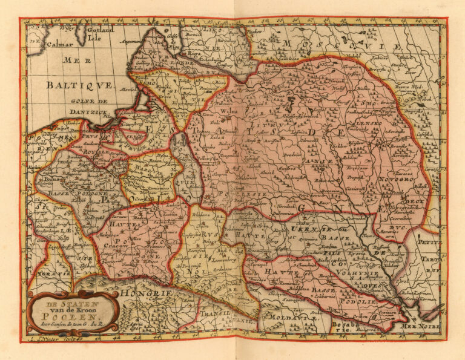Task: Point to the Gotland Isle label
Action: click(x=100, y=33)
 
